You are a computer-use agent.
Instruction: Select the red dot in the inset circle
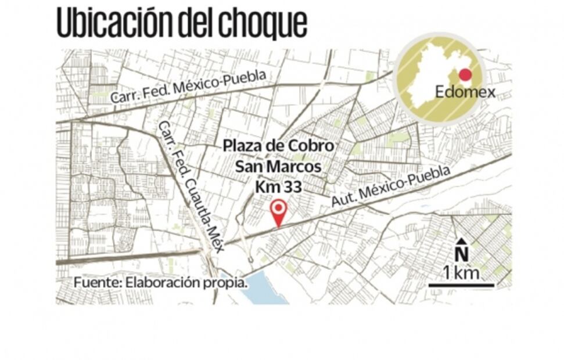[x=465, y=75]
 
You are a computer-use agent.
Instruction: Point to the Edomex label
[x=465, y=92]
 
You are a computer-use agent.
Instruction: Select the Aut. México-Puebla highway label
[x=390, y=186]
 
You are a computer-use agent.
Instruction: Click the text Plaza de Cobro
[x=279, y=146]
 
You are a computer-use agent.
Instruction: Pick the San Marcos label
[x=278, y=167]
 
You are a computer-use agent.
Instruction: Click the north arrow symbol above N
[x=461, y=242]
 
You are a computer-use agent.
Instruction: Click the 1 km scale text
[x=461, y=272]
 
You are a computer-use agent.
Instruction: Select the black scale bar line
[x=461, y=285]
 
